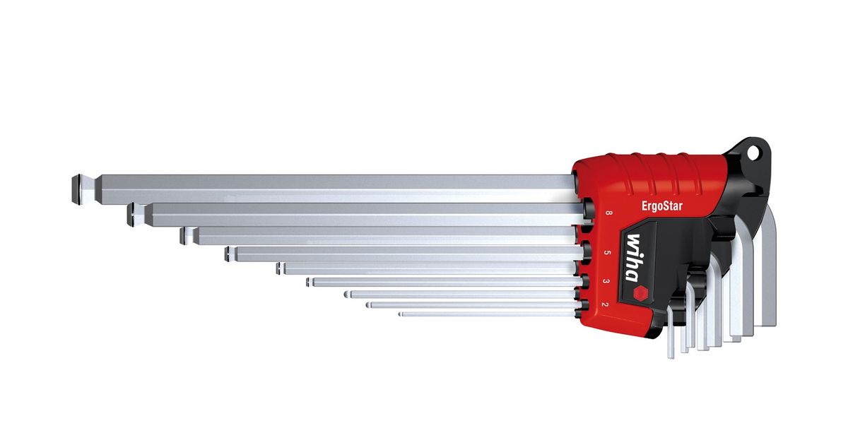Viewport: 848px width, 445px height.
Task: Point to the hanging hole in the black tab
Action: click(x=753, y=153)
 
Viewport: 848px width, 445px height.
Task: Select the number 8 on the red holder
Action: click(x=608, y=213)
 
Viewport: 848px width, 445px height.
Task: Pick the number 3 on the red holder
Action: click(x=606, y=281)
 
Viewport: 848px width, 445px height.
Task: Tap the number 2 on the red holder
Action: click(x=605, y=304)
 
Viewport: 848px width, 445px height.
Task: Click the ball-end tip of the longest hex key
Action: click(x=77, y=189)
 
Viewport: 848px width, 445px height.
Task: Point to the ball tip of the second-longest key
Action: click(x=133, y=215)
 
